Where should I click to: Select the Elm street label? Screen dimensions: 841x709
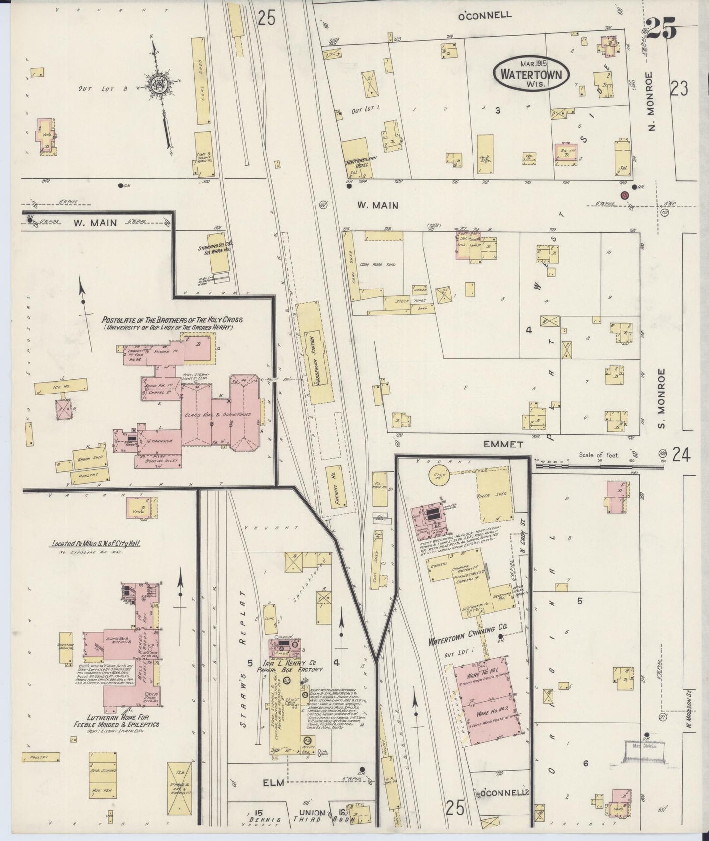(273, 782)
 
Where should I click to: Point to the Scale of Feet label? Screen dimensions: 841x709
(598, 455)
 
